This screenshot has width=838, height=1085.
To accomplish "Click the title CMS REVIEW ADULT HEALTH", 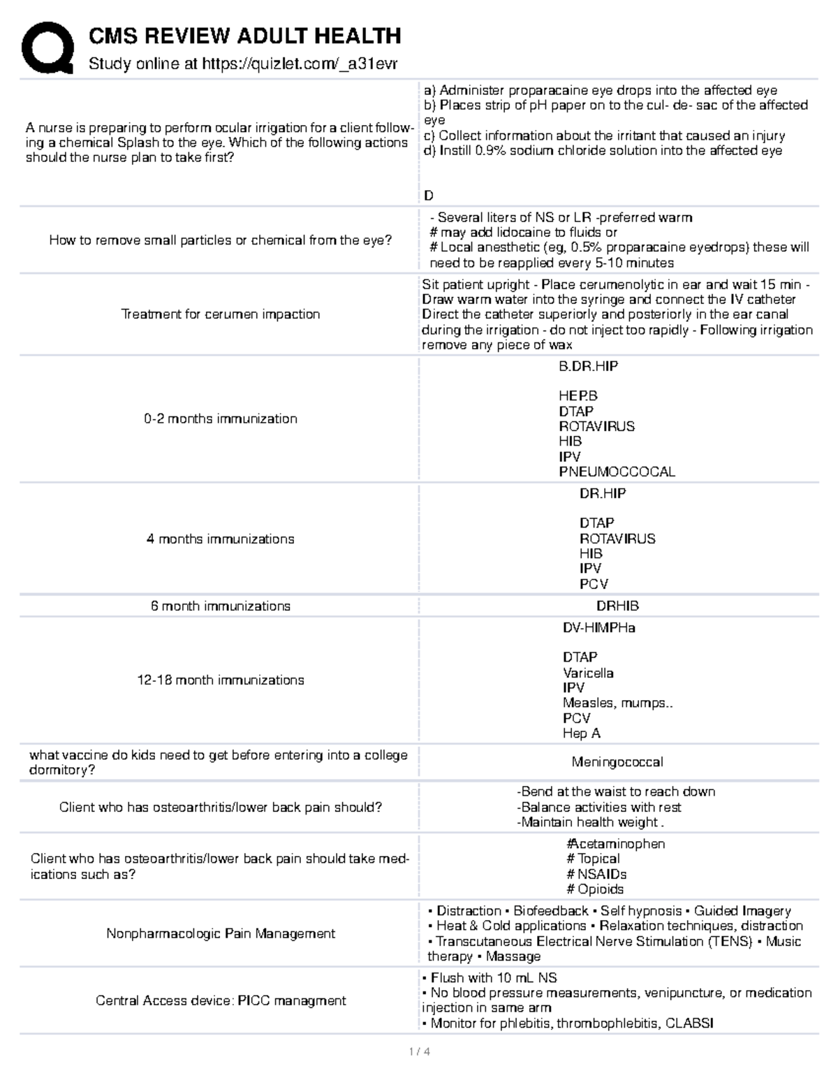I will click(x=244, y=36).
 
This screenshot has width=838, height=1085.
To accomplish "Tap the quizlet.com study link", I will click(x=300, y=64).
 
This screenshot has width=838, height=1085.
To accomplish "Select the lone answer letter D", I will click(x=429, y=196).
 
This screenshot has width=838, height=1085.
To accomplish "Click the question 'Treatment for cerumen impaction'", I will click(x=221, y=314).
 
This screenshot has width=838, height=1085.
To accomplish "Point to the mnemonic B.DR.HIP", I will click(x=588, y=366).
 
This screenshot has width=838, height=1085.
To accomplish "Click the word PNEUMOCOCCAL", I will click(x=617, y=472).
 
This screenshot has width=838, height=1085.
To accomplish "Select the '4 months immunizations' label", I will click(x=221, y=539).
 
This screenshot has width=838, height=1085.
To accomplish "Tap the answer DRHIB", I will click(x=617, y=606).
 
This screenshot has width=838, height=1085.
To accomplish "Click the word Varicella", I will click(x=588, y=673).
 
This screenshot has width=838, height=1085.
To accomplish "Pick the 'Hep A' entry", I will click(x=582, y=733).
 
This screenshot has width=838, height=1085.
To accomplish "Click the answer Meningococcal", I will click(x=617, y=762).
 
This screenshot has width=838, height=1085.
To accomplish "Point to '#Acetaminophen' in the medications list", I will click(x=615, y=844).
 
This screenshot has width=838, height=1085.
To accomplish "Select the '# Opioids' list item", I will click(x=595, y=889).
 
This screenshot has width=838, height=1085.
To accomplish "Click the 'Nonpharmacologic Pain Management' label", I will click(x=221, y=933).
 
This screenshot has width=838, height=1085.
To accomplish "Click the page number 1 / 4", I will click(x=419, y=1051).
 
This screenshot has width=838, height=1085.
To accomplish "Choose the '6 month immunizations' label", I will click(x=221, y=606).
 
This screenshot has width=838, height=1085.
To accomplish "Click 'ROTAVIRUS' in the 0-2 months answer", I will click(x=596, y=426).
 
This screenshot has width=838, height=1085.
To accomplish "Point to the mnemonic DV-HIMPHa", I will click(x=599, y=627).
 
